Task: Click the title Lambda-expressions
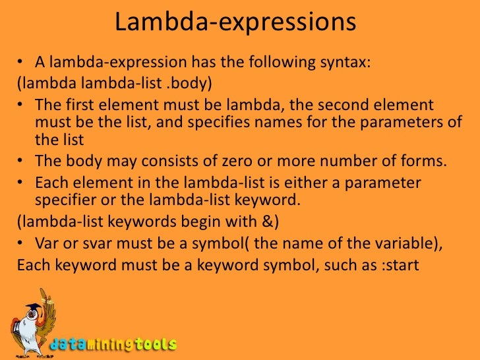(x=235, y=23)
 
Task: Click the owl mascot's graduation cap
(x=33, y=309)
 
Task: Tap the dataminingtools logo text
(x=113, y=344)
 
